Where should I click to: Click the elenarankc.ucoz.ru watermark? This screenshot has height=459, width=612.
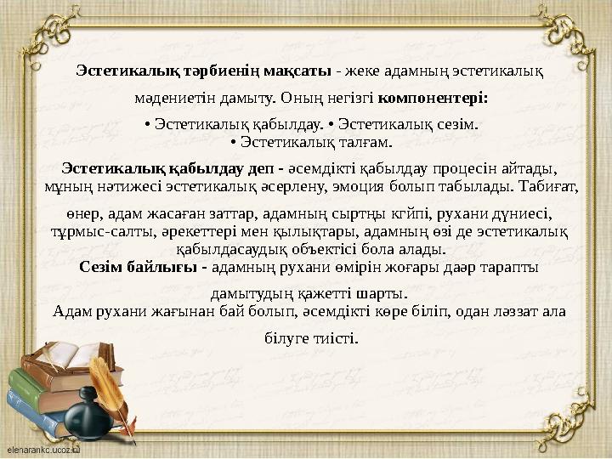coord(42,445)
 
